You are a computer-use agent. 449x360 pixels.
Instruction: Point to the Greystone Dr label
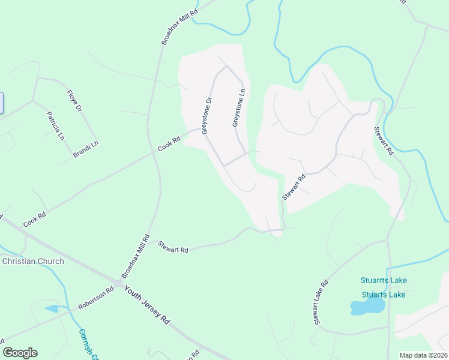(207, 116)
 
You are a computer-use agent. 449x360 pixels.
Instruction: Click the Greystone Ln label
(239, 109)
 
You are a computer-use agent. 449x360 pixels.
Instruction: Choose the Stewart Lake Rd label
(321, 302)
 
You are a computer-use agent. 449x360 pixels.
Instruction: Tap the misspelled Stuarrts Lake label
(384, 280)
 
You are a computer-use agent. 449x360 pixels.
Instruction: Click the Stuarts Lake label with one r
(384, 295)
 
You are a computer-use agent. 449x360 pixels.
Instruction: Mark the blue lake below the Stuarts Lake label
(367, 307)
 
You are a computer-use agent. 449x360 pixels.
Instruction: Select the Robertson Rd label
(95, 298)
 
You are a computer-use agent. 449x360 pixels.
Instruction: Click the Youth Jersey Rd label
(148, 305)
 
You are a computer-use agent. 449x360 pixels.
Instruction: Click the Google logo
(20, 353)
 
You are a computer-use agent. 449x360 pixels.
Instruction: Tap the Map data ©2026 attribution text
(423, 355)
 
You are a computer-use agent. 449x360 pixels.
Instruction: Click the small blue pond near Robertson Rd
(52, 308)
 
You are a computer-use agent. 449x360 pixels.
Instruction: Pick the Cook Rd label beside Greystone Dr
(169, 145)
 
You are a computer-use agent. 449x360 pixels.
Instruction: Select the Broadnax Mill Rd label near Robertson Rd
(134, 256)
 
